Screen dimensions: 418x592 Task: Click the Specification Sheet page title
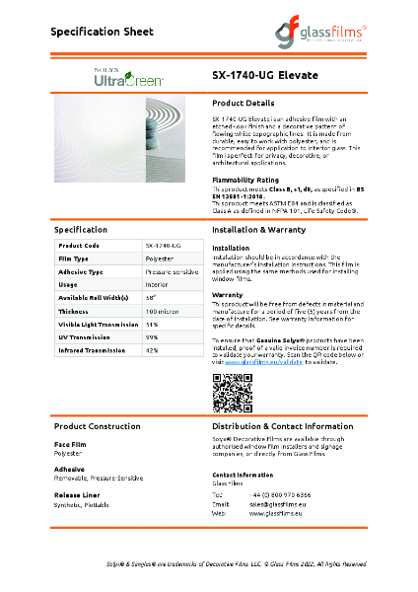coord(104,32)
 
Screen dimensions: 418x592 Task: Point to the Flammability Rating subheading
coord(247,180)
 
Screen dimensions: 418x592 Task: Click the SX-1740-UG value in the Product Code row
coord(162,244)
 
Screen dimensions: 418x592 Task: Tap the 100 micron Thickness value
coord(160,310)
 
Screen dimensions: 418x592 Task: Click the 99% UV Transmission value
coord(152,336)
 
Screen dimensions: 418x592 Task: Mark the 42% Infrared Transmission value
coord(152,349)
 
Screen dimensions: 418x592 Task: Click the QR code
coord(227,394)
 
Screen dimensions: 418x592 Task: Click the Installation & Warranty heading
coord(259,229)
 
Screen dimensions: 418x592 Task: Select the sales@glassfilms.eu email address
coord(275,504)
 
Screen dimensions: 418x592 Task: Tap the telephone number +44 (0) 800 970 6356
coord(281,494)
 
